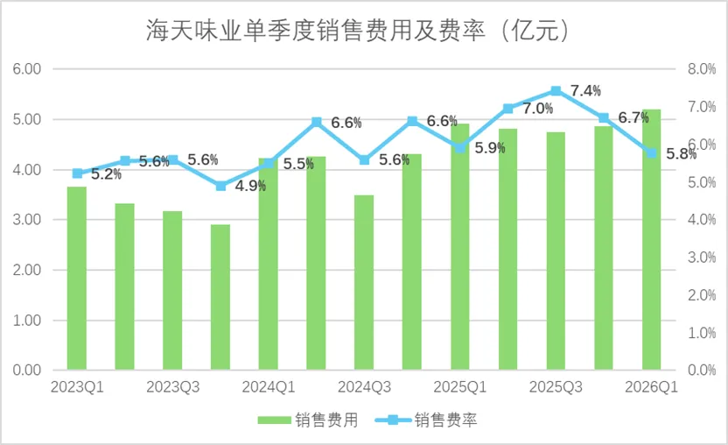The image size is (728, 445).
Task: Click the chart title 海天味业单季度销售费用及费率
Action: [x=316, y=31]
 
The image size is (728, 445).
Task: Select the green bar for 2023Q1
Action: [x=77, y=278]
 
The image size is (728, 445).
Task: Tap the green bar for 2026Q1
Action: [x=651, y=239]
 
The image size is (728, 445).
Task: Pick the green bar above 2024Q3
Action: [x=364, y=282]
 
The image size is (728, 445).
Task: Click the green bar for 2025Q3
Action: [x=556, y=251]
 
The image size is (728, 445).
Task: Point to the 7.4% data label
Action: [x=585, y=91]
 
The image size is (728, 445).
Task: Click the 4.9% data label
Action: [x=250, y=186]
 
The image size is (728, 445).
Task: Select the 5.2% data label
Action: [x=107, y=174]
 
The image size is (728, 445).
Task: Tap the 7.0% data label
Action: [x=537, y=109]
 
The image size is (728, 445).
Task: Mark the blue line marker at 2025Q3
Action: [x=556, y=91]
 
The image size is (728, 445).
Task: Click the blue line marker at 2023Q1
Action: [x=78, y=173]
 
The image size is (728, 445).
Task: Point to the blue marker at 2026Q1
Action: [x=651, y=153]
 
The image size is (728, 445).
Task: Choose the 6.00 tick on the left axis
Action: [x=27, y=69]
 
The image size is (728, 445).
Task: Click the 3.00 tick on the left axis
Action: [x=27, y=220]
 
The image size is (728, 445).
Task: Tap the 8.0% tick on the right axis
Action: [x=702, y=69]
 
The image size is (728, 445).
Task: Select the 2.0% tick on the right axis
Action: [x=702, y=295]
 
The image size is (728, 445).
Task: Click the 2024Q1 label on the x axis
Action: [x=269, y=387]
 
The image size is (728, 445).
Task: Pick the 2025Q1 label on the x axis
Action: [x=459, y=387]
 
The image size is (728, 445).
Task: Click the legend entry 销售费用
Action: [x=308, y=420]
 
